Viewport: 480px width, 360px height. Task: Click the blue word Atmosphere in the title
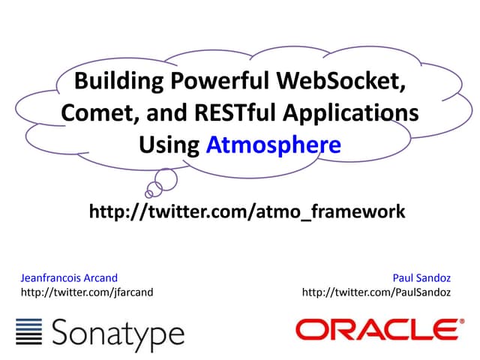pos(274,144)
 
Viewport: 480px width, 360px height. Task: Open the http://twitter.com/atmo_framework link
pos(247,212)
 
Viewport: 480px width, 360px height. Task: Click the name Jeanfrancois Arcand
pos(69,278)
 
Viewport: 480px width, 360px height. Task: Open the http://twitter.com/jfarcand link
pos(87,292)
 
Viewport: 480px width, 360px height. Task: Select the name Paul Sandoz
pos(423,278)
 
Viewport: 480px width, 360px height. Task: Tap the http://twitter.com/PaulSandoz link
pos(376,292)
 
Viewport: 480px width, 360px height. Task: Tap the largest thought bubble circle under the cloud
pos(165,178)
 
